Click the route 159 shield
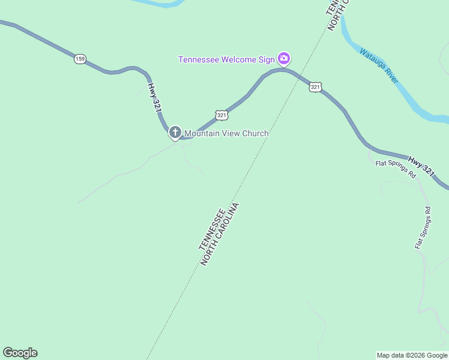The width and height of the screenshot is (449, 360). tap(80, 59)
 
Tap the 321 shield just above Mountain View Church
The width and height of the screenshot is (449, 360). tap(221, 115)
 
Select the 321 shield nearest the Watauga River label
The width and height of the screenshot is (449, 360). tap(316, 87)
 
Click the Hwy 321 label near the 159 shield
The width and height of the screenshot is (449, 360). tap(154, 97)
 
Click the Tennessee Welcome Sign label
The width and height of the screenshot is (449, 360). tap(226, 59)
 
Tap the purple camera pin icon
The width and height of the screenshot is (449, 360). tap(284, 58)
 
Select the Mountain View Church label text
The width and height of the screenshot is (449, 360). tap(226, 133)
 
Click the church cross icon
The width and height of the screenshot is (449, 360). tap(175, 132)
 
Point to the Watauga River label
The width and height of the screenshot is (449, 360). tap(379, 65)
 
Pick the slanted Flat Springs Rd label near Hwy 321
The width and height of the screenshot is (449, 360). tap(396, 169)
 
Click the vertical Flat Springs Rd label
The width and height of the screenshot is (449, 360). tap(423, 228)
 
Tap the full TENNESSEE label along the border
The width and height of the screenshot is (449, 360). tap(212, 229)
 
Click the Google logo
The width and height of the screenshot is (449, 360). tap(20, 353)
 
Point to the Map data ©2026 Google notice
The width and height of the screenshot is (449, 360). tap(412, 355)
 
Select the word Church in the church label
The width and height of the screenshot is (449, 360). tap(255, 133)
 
